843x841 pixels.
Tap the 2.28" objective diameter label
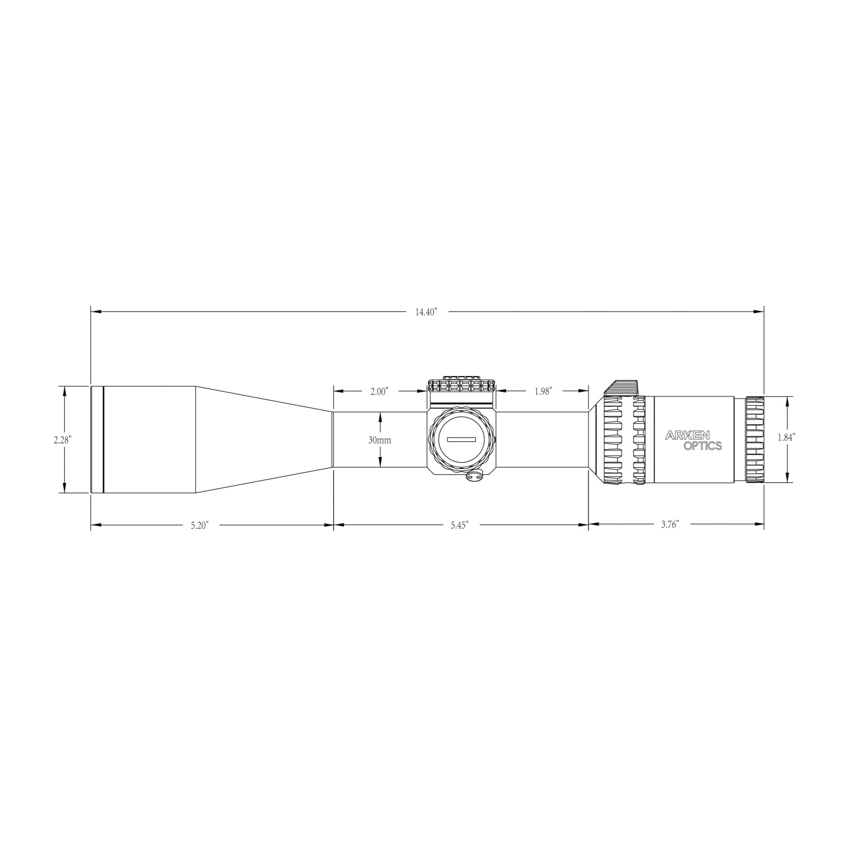(x=62, y=440)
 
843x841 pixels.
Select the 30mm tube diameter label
(x=380, y=440)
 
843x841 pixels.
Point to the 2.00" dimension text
(x=379, y=392)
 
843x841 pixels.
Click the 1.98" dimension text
(x=543, y=392)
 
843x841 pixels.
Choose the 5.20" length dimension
(x=200, y=526)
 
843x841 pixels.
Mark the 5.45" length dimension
(x=459, y=526)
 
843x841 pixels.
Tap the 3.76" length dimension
(x=670, y=525)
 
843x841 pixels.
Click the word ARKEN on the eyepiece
(x=688, y=435)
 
